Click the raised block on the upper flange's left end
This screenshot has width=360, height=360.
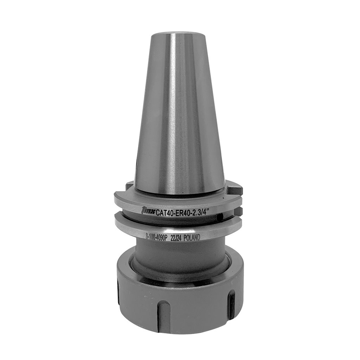pyautogui.click(x=129, y=185)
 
